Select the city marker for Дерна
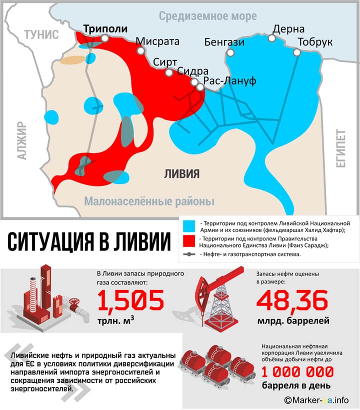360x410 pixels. point(272,38)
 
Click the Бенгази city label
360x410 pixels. point(224,42)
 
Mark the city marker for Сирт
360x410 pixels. point(169,72)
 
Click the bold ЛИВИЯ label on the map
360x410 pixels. point(182,173)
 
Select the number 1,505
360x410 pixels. point(130,300)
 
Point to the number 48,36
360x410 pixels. point(292,300)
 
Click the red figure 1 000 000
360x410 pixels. point(298,372)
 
